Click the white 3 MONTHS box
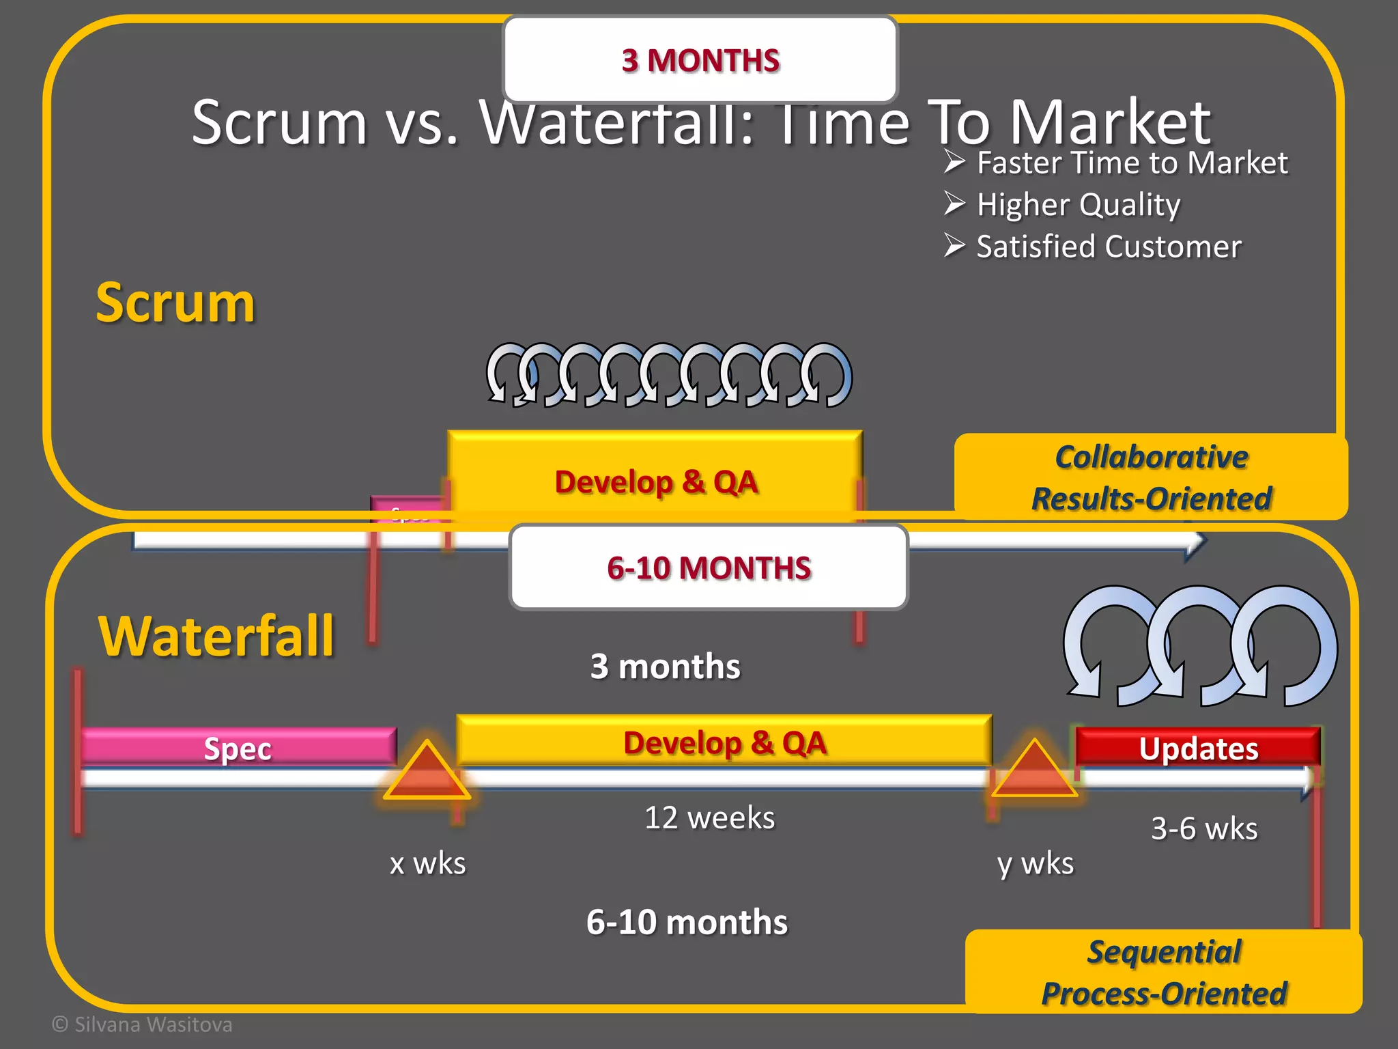point(700,60)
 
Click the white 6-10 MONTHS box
point(709,568)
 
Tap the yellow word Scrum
point(175,303)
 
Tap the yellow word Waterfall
point(216,637)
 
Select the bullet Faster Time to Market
point(1131,163)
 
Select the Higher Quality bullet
point(1078,205)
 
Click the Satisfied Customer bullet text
point(1108,247)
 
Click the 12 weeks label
point(709,817)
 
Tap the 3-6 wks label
point(1203,828)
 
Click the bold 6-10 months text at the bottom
point(686,922)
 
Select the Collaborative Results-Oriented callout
point(1151,477)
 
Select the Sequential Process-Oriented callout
point(1163,973)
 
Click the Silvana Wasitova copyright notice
point(143,1024)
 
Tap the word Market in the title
point(1109,123)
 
